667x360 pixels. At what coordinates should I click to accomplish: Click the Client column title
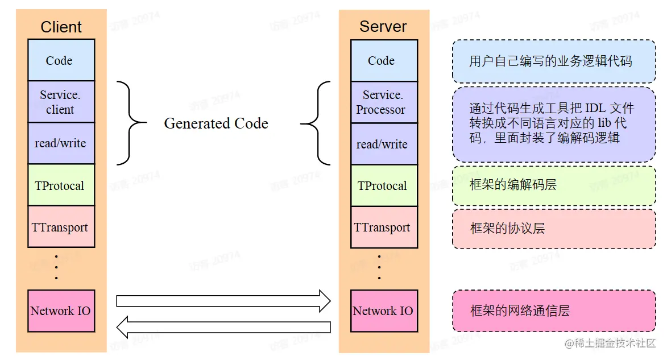(61, 27)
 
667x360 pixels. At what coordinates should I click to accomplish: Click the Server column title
(383, 27)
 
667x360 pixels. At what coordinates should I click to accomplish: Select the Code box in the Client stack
(61, 60)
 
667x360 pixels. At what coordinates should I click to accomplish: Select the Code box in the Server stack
(383, 61)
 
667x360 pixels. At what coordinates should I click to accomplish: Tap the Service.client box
(61, 102)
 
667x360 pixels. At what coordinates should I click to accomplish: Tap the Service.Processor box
(383, 102)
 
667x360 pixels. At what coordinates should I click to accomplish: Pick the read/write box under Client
(61, 143)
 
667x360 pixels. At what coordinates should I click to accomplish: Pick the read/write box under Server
(383, 144)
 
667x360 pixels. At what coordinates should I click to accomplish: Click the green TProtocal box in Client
(61, 185)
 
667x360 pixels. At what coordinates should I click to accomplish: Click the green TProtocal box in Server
(383, 186)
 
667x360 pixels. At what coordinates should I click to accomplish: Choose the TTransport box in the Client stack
(61, 227)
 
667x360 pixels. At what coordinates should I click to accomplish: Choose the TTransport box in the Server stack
(383, 227)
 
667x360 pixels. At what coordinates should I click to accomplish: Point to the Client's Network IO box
(61, 311)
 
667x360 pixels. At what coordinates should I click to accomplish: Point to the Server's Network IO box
(383, 311)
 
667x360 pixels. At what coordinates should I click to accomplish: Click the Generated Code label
(216, 123)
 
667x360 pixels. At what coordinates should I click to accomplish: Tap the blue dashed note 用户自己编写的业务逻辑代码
(553, 61)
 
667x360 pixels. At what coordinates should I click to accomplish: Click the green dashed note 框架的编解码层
(553, 185)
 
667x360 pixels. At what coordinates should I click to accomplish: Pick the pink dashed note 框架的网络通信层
(553, 311)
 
